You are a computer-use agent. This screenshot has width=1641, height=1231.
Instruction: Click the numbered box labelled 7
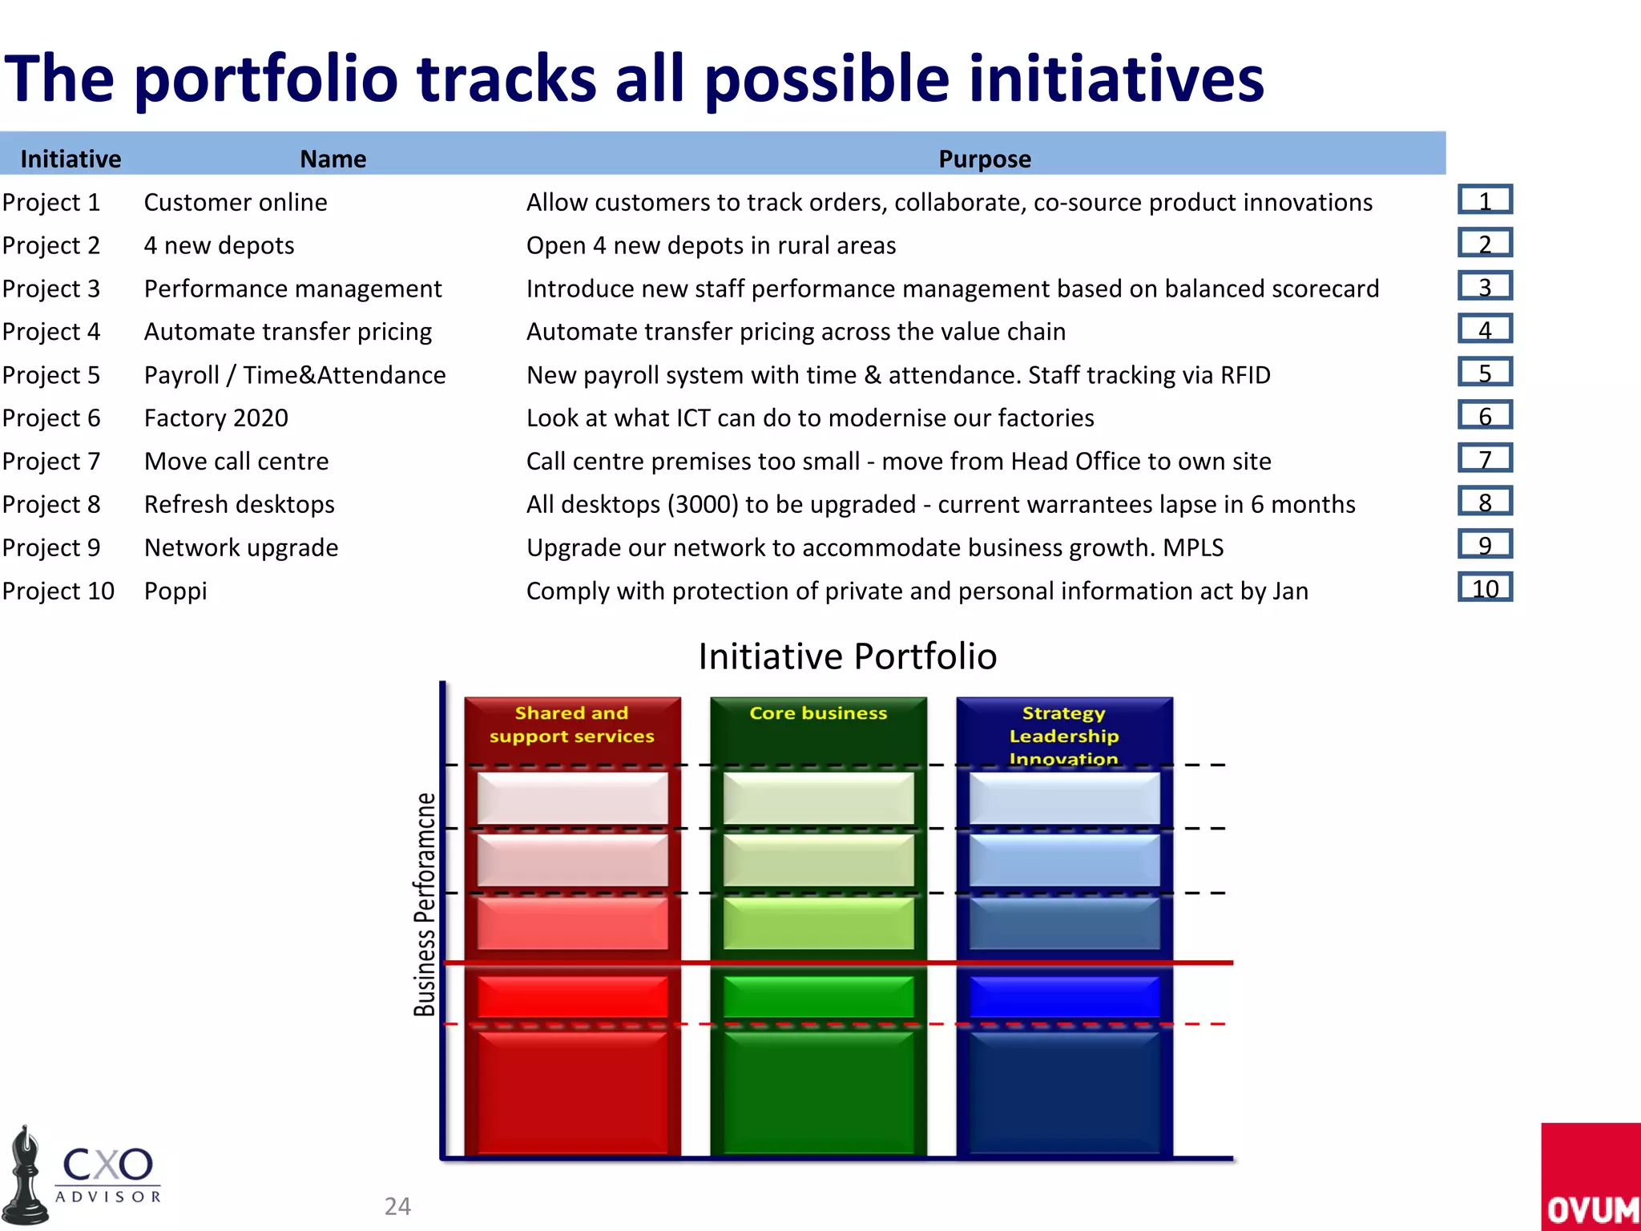coord(1485,458)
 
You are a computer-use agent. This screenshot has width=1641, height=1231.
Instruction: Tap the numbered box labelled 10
coord(1485,588)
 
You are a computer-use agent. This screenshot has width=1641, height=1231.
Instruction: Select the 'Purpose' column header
coord(984,159)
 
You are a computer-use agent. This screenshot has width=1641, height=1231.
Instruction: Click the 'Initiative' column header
coord(71,159)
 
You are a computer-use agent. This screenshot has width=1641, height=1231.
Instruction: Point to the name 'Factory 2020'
coord(216,418)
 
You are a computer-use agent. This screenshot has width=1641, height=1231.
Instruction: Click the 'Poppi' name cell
coord(175,591)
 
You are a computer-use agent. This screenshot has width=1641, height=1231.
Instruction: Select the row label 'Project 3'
coord(51,289)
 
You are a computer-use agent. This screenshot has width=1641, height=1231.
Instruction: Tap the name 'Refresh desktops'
coord(239,504)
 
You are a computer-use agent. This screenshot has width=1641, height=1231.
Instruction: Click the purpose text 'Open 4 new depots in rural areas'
coord(711,245)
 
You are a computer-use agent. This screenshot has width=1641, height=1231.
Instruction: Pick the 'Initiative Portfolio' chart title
coord(847,656)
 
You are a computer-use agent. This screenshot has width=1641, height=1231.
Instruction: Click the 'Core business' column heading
coord(818,713)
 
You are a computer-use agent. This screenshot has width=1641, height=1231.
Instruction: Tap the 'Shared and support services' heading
coord(571,724)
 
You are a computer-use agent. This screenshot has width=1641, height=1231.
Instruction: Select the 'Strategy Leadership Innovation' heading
coord(1063,735)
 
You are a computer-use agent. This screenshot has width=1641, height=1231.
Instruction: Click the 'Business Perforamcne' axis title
coord(425,904)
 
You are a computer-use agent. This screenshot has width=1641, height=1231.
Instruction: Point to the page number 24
coord(397,1206)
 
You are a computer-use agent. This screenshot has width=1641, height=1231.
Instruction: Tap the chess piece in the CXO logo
coord(26,1178)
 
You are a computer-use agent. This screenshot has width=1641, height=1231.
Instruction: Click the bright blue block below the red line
coord(1063,996)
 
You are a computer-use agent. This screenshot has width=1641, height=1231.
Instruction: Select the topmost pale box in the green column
coord(818,798)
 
